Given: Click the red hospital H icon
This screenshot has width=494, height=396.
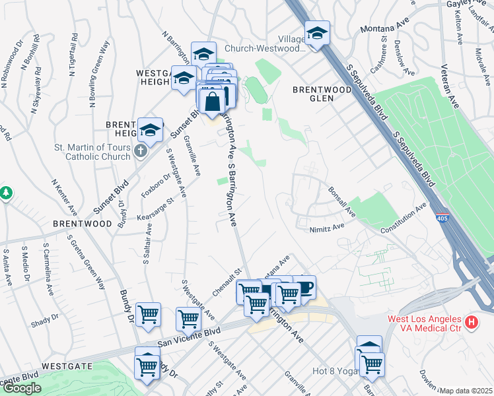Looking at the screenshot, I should click(x=472, y=323).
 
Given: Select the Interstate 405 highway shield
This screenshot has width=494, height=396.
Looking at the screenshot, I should click(x=441, y=216).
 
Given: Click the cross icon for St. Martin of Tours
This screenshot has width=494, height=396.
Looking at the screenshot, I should click(x=140, y=152).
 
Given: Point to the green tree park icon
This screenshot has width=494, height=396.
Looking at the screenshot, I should click(x=6, y=193).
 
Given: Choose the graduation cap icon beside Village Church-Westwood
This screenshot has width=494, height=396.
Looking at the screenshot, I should click(x=317, y=33).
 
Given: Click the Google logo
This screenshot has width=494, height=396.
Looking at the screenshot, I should click(x=21, y=388).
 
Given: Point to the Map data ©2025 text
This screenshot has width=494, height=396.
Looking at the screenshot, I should click(x=466, y=391).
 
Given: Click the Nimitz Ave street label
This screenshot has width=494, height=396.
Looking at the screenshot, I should click(x=327, y=228).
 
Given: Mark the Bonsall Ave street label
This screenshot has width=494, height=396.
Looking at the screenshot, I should click(x=343, y=201).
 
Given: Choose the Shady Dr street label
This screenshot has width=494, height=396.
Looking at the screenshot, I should click(x=45, y=321).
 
